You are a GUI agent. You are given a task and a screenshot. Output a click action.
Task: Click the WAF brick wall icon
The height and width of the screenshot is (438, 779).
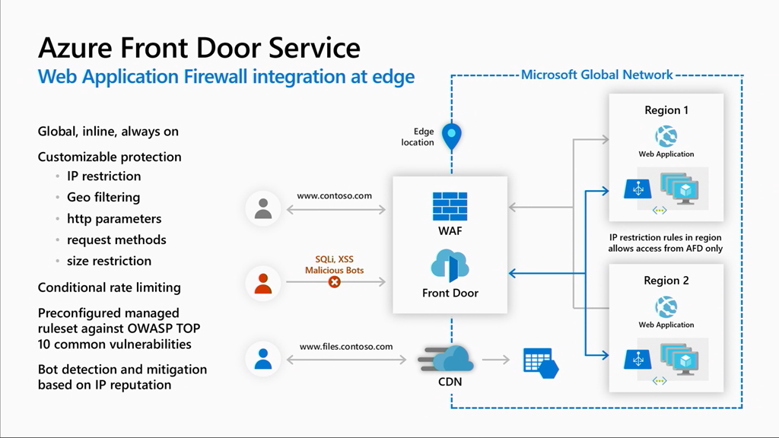[450, 205]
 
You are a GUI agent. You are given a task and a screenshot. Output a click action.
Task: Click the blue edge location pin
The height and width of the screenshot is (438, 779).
[452, 138]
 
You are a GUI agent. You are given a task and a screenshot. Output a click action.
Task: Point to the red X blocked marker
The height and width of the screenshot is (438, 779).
[334, 282]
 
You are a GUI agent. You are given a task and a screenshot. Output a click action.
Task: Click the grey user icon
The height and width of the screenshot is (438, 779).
[263, 208]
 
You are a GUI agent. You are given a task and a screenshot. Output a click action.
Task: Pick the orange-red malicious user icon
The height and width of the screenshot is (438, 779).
[263, 283]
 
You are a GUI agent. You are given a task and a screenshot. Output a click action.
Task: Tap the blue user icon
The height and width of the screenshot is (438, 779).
[263, 358]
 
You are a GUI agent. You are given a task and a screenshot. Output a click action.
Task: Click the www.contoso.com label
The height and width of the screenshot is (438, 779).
[334, 195]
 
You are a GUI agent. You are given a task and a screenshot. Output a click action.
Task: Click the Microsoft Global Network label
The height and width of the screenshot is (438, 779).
[596, 75]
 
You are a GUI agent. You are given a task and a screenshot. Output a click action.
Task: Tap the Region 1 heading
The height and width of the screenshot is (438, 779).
[666, 110]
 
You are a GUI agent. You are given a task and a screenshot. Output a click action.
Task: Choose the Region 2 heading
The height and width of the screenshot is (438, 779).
[666, 281]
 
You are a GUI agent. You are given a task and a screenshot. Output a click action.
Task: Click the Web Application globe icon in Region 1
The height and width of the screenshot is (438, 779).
[666, 137]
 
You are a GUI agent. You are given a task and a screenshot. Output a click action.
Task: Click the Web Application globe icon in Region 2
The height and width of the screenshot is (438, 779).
[666, 307]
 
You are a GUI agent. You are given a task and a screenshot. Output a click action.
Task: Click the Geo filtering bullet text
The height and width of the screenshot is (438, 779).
[103, 197]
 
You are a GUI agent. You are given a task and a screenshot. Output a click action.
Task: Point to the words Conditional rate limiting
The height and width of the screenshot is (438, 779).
[110, 287]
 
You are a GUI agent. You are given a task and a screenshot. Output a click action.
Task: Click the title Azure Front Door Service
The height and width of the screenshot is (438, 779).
[199, 48]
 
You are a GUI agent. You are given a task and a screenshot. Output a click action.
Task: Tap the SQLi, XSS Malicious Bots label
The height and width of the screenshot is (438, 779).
[334, 265]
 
